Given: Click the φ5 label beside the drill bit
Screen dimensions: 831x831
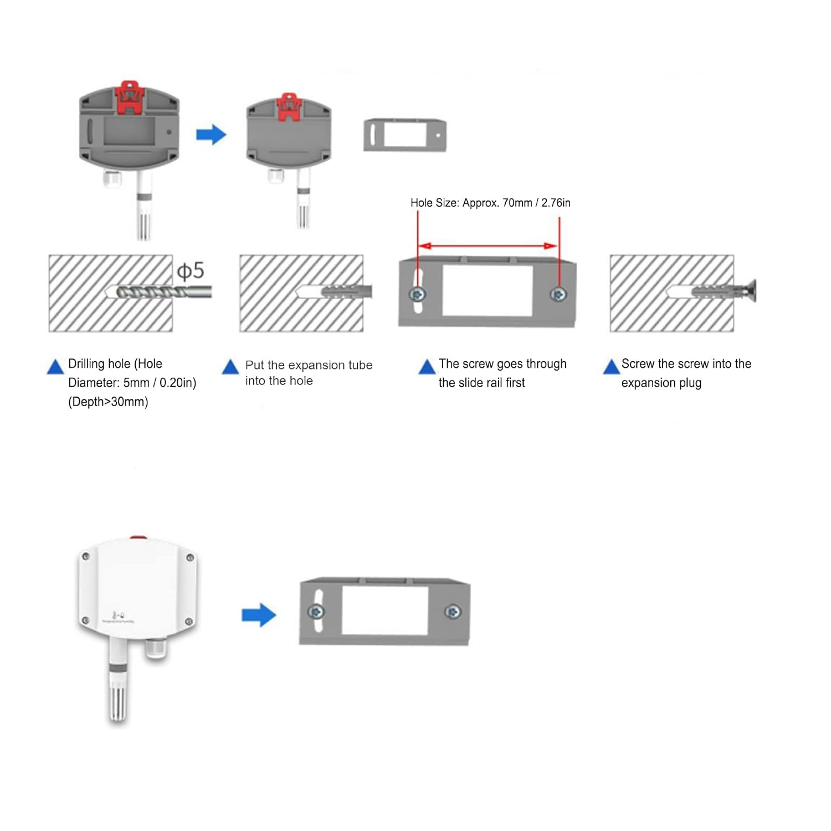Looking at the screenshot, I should click(x=191, y=271).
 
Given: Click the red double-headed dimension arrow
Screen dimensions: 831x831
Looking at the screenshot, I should click(x=488, y=245).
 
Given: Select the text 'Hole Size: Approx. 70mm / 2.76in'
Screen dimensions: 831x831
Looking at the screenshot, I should click(x=490, y=203).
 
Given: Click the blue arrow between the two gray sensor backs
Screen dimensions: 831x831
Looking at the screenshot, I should click(x=211, y=134).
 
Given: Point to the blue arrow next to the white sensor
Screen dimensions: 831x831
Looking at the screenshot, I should click(x=259, y=615).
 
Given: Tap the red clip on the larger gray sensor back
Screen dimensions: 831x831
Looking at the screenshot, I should click(x=129, y=96).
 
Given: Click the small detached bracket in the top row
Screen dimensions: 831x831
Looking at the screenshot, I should click(x=405, y=135).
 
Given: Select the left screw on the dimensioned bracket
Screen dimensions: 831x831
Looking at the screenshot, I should click(x=418, y=294).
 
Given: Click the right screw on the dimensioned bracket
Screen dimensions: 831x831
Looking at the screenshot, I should click(x=558, y=294).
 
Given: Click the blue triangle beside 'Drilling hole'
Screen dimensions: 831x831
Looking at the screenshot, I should click(x=55, y=367).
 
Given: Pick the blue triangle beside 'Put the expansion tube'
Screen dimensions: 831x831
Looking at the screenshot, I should click(x=230, y=367).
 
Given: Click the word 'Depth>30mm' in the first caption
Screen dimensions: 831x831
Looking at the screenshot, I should click(x=108, y=402).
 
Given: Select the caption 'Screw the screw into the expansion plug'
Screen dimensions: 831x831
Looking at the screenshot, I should click(x=686, y=373).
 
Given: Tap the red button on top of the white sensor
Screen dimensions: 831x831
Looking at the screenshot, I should click(x=138, y=537).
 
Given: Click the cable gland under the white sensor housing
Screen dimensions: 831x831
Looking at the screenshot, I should click(x=156, y=648).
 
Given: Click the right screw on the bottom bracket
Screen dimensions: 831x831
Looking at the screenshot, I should click(x=453, y=612).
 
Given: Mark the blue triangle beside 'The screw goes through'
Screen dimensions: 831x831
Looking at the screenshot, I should click(x=427, y=367).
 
